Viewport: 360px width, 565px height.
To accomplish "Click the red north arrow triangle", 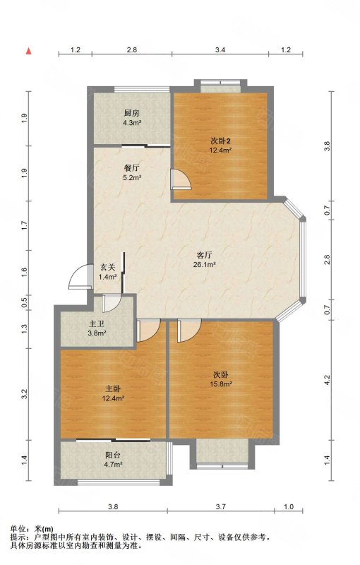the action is [x=28, y=51].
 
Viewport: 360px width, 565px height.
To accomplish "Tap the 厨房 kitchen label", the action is [x=132, y=114].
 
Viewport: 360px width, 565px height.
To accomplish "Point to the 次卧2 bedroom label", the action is [x=220, y=141].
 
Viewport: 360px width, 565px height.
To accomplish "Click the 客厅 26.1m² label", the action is [x=204, y=260].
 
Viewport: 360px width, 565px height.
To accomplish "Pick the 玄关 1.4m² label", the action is [x=107, y=272].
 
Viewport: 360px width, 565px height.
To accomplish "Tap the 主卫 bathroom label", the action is [x=97, y=324].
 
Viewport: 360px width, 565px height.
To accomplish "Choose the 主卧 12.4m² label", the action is [x=113, y=393].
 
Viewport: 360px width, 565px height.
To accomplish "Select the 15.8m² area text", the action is [x=221, y=384].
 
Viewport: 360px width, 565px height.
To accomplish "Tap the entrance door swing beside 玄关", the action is [x=79, y=277].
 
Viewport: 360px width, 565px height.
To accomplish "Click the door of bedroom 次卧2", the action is [x=181, y=179].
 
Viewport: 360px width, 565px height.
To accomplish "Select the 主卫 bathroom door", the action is [x=112, y=303].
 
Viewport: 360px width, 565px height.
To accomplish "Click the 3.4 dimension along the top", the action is [x=220, y=50].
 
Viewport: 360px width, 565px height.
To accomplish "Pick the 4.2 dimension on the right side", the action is [x=327, y=379].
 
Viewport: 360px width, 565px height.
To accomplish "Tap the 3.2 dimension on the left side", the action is [x=25, y=394].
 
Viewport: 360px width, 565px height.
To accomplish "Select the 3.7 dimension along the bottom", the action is [x=221, y=506].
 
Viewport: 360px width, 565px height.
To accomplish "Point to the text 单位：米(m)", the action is [x=32, y=529].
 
